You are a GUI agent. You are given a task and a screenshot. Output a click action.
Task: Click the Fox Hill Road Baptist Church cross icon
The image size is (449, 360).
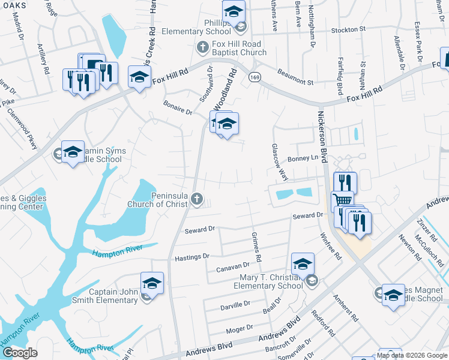click(203, 46)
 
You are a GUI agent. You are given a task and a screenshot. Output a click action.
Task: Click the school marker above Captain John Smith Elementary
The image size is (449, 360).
click(152, 283)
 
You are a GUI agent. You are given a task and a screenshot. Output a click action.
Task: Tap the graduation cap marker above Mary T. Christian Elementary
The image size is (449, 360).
click(303, 263)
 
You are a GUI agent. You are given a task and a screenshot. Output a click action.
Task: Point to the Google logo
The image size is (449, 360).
click(19, 353)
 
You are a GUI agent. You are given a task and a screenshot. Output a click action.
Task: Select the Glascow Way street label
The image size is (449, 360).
click(279, 162)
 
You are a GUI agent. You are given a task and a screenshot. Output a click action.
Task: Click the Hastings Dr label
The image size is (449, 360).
click(191, 256)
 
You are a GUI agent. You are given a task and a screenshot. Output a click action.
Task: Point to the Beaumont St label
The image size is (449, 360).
click(295, 77)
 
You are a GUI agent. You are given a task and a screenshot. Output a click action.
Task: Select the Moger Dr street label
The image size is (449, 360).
click(240, 328)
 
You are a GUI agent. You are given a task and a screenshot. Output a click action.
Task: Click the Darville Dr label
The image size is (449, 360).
click(235, 304)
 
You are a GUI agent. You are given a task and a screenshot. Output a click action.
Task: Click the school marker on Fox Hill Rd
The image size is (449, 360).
click(139, 77)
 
